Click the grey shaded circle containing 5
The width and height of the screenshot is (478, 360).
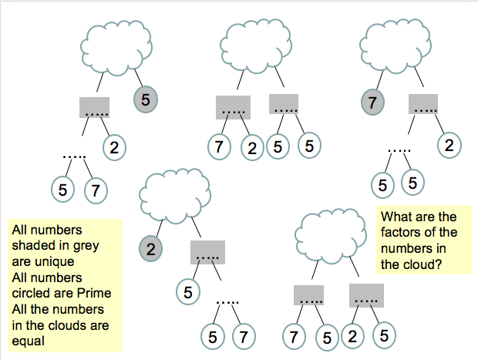point(146,99)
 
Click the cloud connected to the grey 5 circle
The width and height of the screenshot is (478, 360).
point(117,45)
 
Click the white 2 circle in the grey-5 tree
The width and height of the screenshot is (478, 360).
point(113,146)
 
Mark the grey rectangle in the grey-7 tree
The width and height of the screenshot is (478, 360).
point(423,104)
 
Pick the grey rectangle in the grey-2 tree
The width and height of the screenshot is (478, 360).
point(207,252)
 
